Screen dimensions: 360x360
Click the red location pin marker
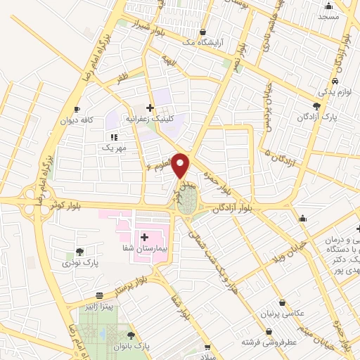coord(181,165)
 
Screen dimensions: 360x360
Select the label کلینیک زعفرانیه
coord(150,120)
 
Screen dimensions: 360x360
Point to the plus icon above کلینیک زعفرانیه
coord(150,108)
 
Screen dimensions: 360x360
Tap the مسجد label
coord(328,15)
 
